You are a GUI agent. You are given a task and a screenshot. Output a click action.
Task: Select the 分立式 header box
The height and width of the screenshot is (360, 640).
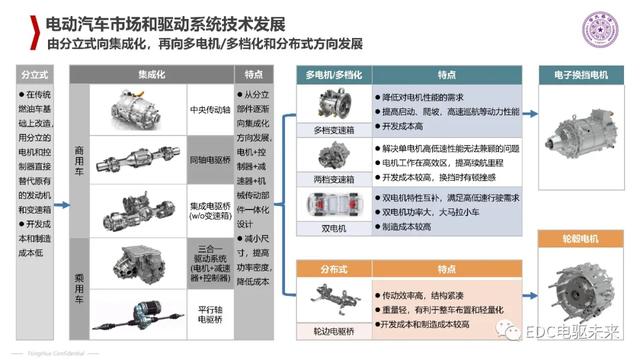(34, 74)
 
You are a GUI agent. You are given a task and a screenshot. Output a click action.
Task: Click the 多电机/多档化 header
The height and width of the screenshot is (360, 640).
(330, 74)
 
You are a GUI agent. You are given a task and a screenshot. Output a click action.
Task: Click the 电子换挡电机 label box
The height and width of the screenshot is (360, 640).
(582, 74)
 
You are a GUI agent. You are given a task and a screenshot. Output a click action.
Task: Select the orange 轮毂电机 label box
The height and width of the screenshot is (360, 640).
(582, 239)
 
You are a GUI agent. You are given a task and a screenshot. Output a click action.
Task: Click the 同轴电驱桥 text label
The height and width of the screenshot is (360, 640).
(204, 158)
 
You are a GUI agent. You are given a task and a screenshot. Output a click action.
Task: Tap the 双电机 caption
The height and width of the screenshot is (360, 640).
(330, 226)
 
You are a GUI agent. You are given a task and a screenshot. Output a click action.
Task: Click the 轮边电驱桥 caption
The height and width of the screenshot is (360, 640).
(330, 326)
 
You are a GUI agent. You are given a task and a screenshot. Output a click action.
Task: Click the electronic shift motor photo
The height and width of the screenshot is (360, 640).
(582, 135)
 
